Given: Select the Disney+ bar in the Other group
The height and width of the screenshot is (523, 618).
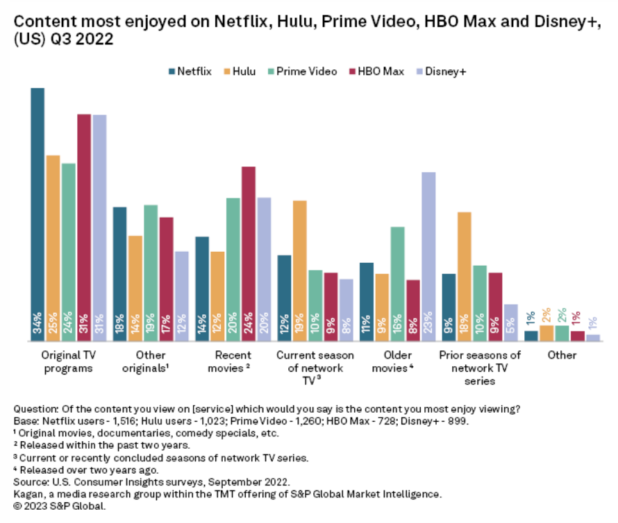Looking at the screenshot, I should (592, 338).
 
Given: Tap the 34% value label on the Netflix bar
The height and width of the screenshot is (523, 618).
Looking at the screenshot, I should (37, 325).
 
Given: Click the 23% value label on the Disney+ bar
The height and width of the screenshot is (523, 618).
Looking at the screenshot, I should (428, 325).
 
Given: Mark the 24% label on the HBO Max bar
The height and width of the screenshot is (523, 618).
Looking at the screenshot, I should (249, 325).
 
